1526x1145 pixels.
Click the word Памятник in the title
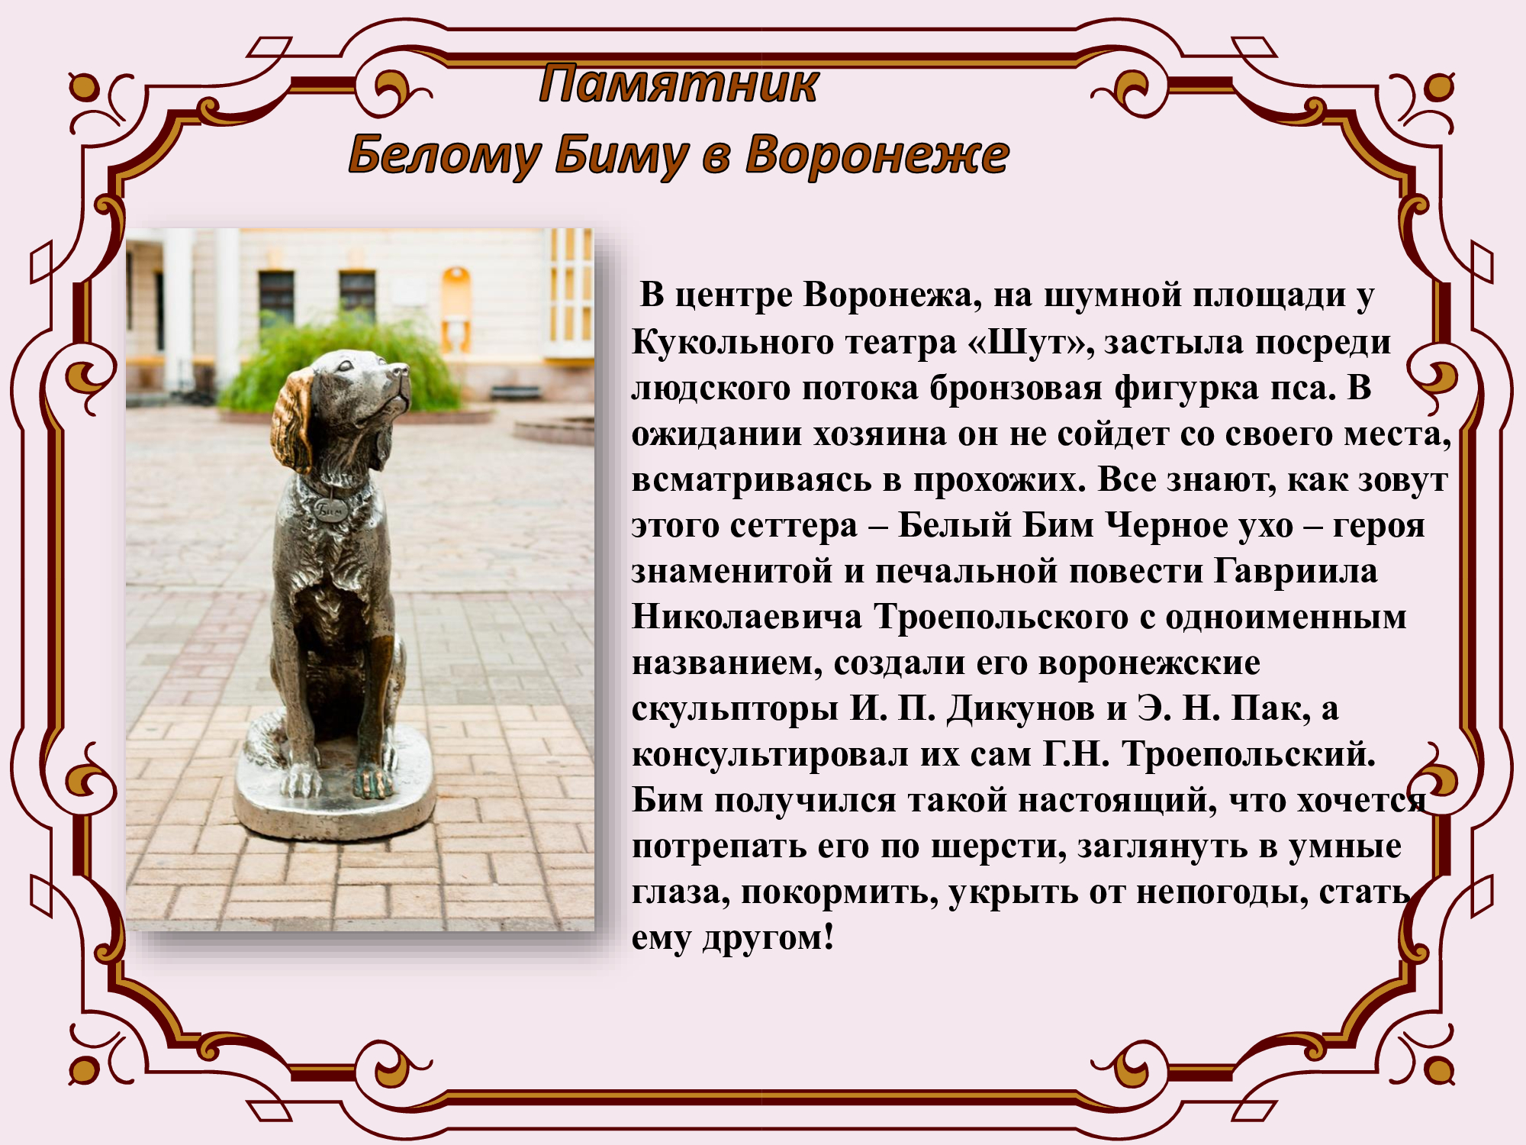[x=678, y=84]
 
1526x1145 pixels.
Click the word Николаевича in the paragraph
[x=747, y=618]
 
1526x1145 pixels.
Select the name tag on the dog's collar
[x=330, y=508]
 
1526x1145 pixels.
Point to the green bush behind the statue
[x=336, y=366]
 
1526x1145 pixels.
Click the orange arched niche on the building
[x=456, y=309]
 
